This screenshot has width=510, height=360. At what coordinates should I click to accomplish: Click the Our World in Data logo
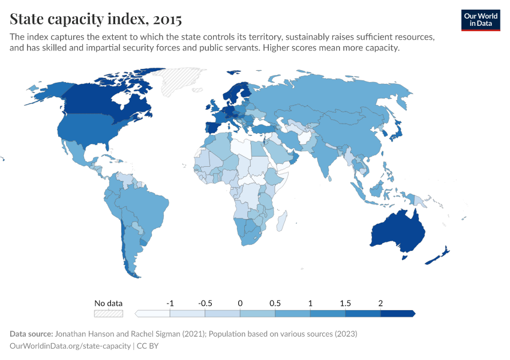click(x=480, y=20)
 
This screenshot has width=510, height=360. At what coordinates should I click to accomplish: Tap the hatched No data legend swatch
click(x=108, y=313)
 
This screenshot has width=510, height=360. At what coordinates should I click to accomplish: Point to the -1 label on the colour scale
click(x=170, y=303)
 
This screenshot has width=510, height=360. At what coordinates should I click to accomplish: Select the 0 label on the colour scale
click(x=240, y=303)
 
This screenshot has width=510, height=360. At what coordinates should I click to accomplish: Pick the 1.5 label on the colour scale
click(x=345, y=303)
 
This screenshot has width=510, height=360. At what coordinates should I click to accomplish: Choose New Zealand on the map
click(x=437, y=256)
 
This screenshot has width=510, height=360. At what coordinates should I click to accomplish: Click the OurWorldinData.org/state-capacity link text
click(x=70, y=346)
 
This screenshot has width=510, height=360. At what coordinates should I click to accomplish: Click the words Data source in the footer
click(x=31, y=334)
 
